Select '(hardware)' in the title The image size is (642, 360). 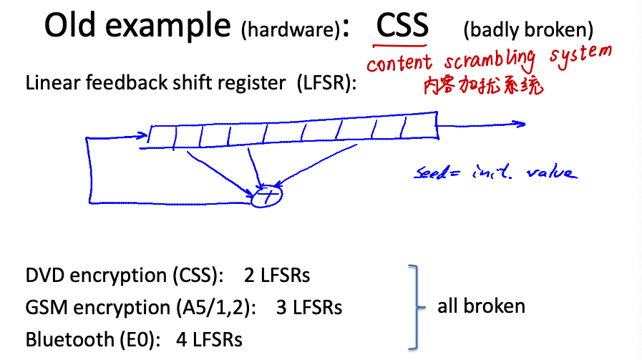290,30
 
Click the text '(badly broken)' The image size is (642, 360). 528,30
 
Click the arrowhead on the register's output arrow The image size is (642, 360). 520,125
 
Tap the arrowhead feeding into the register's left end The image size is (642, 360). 142,134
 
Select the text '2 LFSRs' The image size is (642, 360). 277,276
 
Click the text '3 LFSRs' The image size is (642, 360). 308,308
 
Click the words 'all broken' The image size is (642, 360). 481,306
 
